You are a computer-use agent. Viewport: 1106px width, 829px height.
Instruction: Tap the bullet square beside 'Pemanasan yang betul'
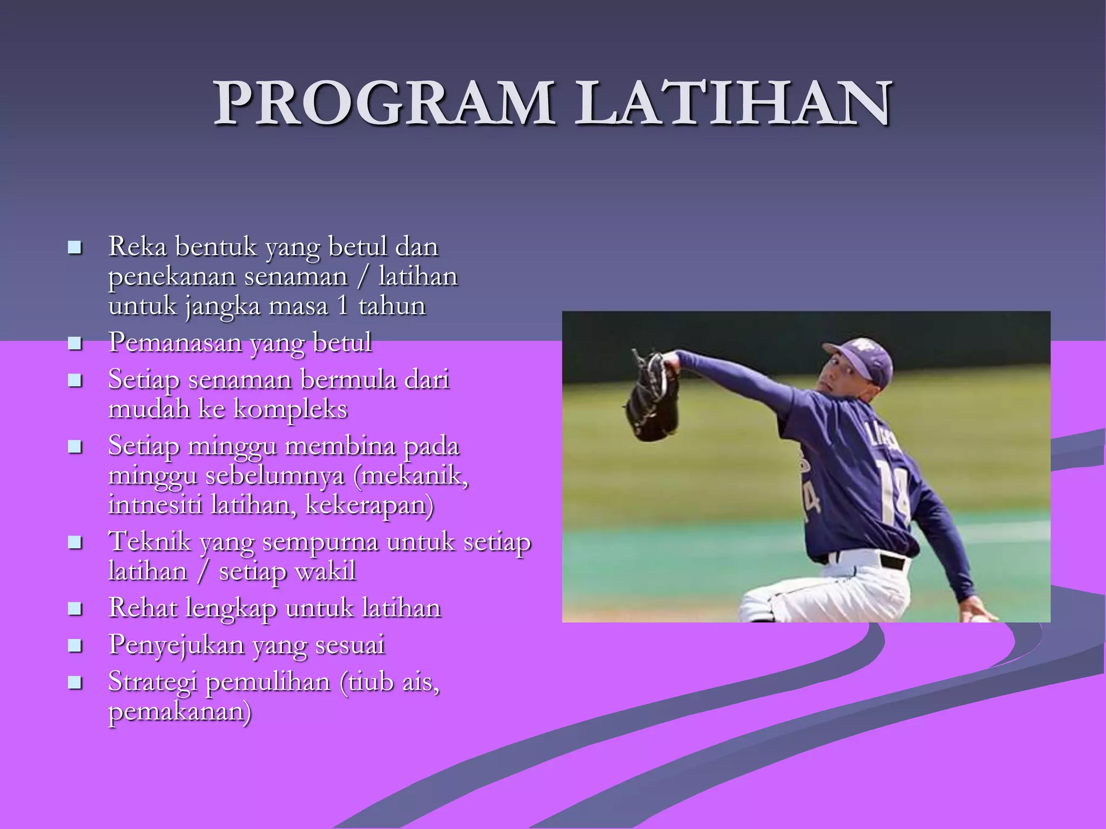75,343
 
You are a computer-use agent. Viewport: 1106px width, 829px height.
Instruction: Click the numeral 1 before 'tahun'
342,305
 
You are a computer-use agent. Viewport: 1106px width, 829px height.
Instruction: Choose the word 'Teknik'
150,541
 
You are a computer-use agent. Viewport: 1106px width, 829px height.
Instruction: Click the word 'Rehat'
142,608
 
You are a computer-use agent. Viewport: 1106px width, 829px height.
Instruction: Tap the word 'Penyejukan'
176,645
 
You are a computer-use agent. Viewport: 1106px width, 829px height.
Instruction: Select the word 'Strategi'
152,682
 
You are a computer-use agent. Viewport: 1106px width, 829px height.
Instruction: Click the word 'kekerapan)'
369,505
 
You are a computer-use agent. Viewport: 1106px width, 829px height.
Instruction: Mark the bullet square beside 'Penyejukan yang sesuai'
75,645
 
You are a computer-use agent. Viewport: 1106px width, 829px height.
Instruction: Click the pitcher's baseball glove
652,399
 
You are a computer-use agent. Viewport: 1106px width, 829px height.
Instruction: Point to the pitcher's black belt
894,562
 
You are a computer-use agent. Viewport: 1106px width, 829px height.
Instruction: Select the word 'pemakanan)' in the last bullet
180,711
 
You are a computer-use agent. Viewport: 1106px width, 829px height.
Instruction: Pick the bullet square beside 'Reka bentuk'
75,248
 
